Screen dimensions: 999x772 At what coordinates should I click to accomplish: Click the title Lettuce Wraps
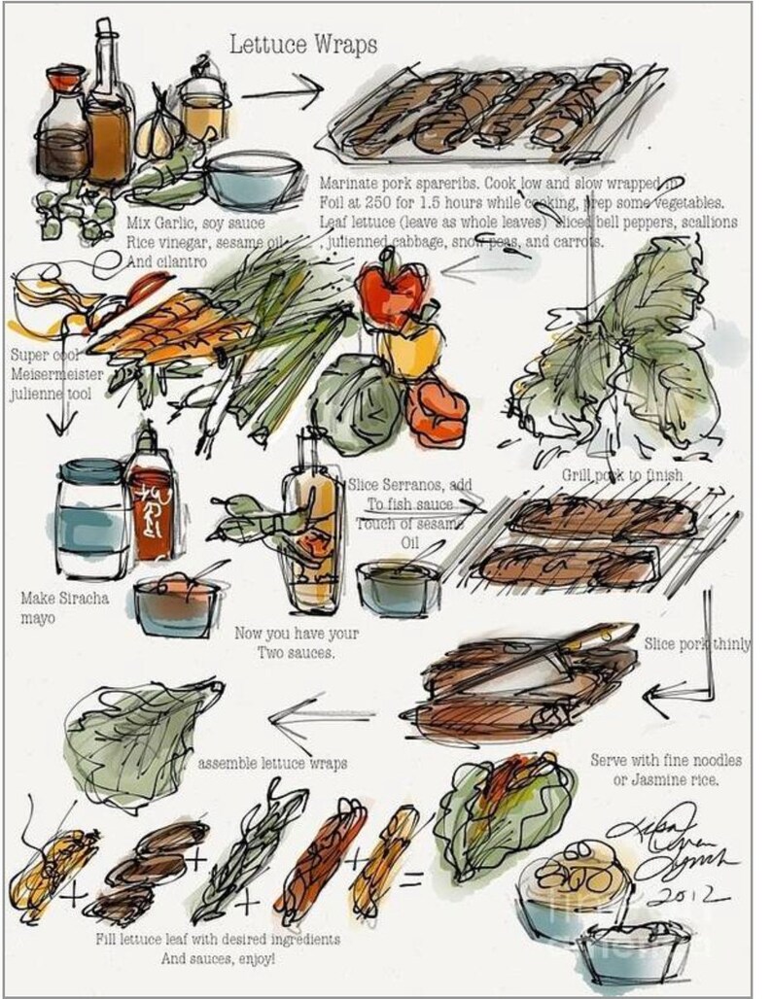point(302,45)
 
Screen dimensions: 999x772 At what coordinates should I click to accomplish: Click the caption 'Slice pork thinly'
point(696,643)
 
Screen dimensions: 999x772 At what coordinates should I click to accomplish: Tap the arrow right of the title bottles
point(282,94)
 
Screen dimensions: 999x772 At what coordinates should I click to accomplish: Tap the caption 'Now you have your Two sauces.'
point(297,643)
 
